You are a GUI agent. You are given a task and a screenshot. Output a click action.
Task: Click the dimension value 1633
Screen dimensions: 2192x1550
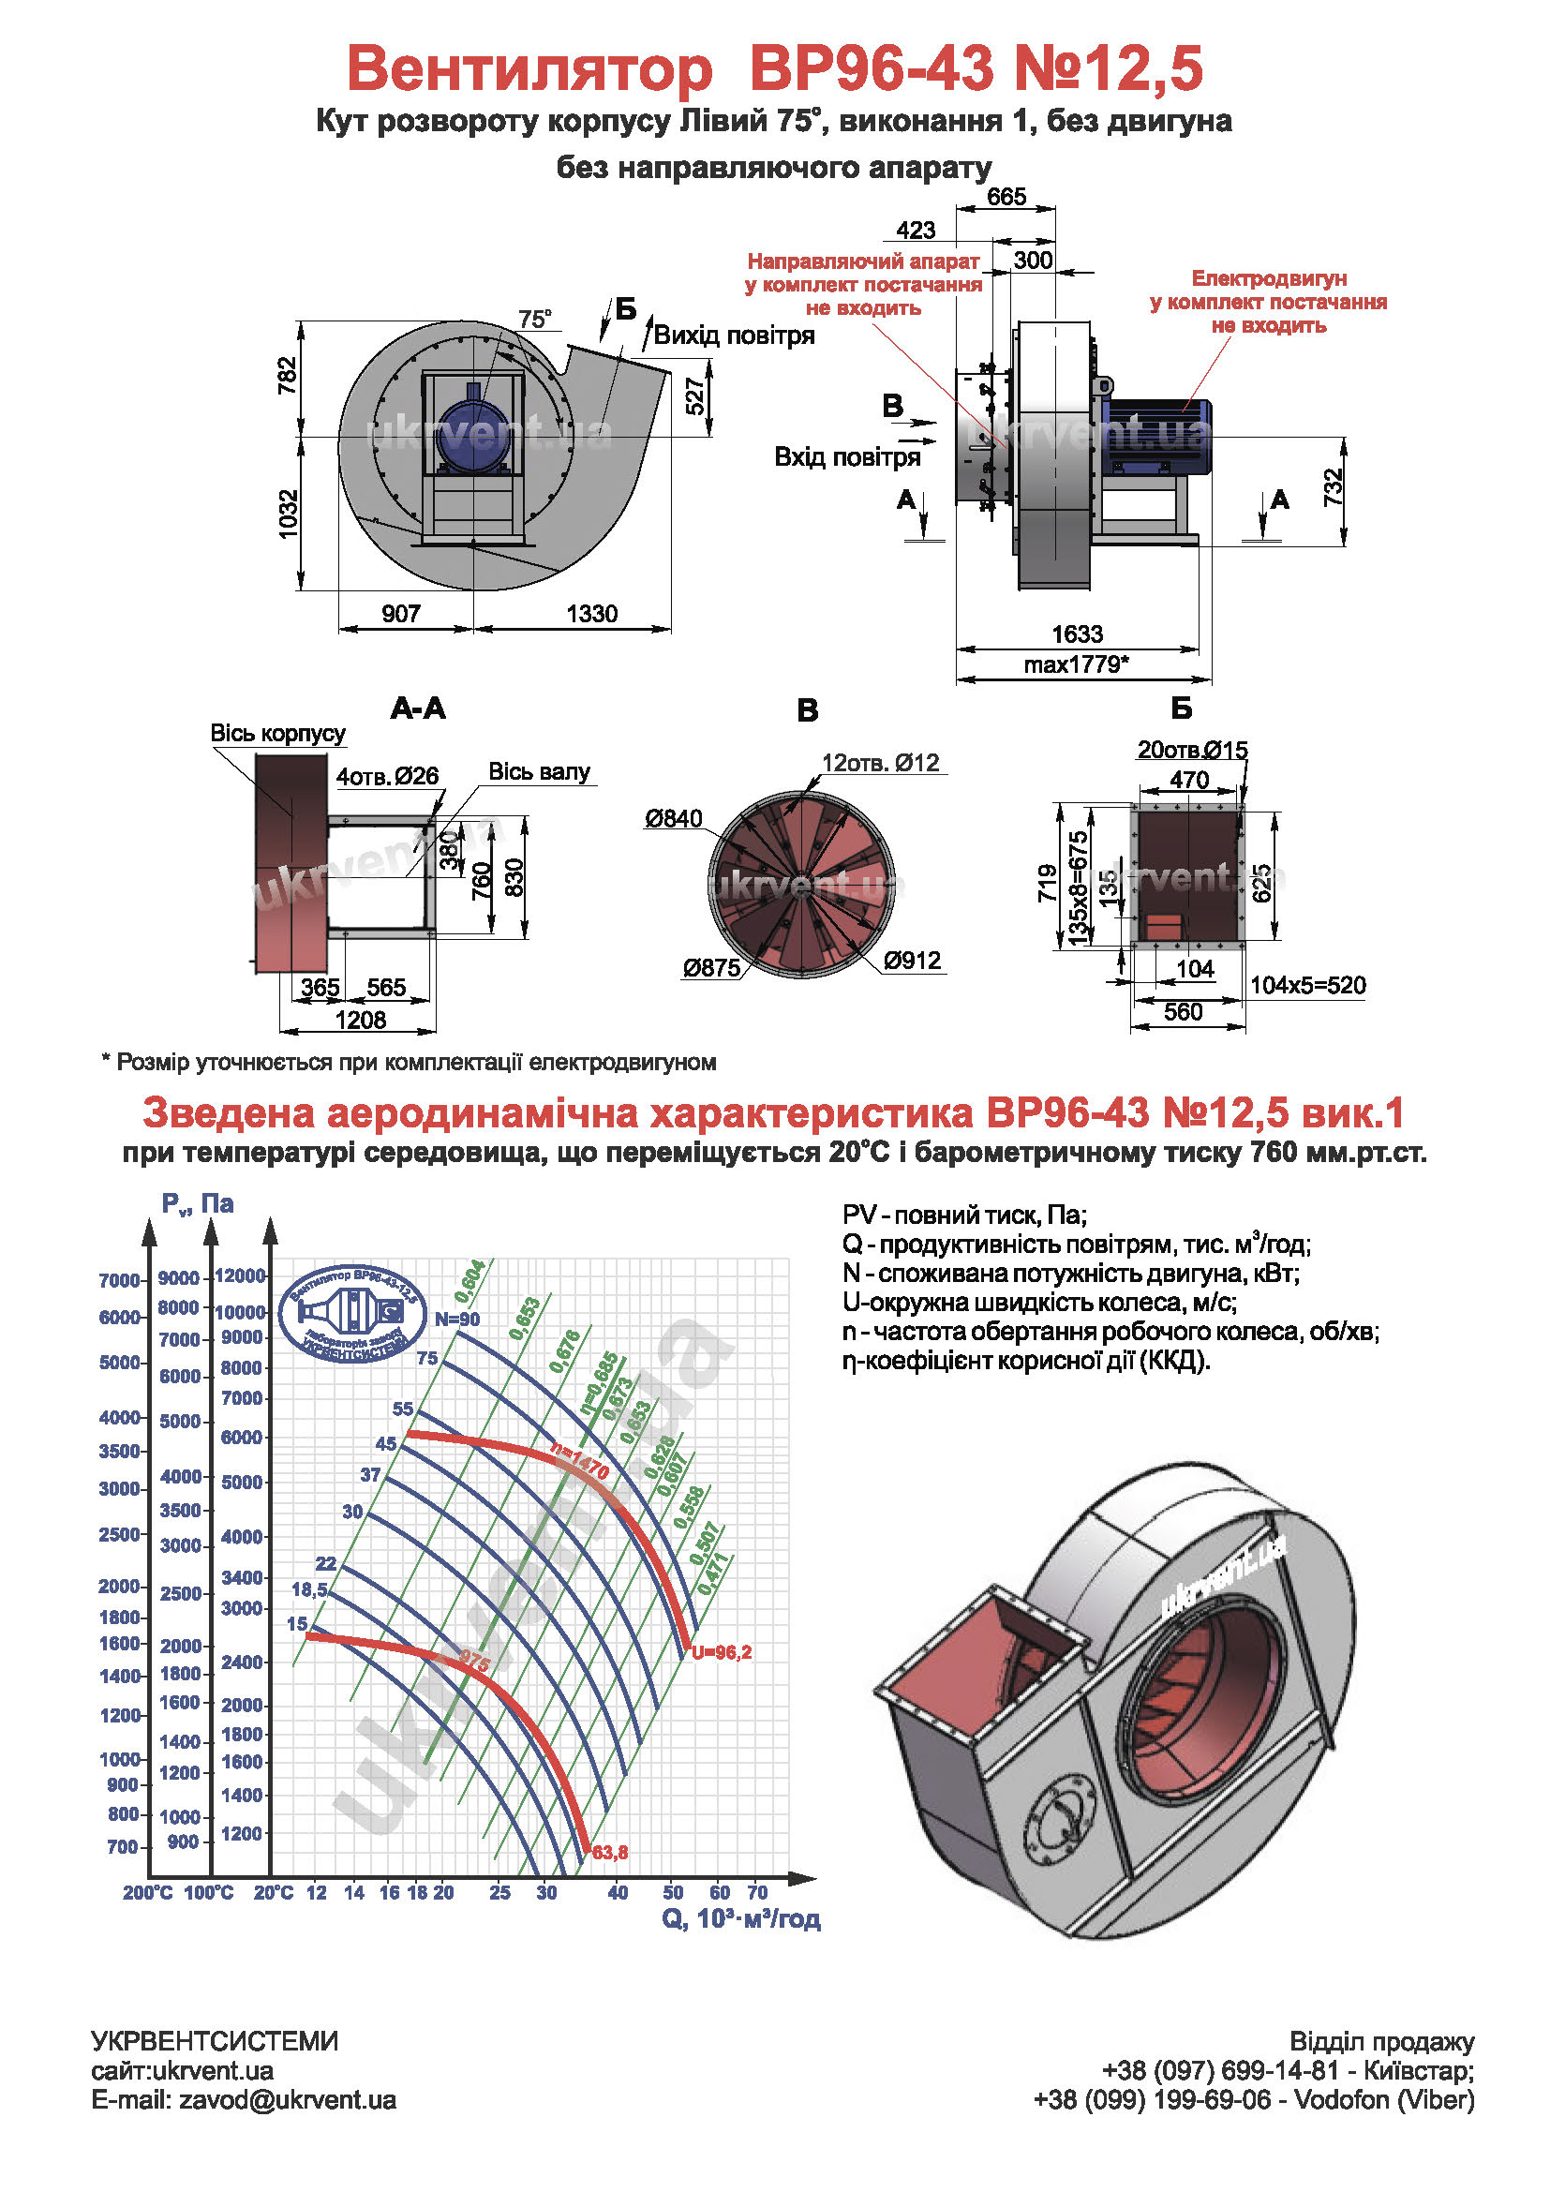pos(1077,634)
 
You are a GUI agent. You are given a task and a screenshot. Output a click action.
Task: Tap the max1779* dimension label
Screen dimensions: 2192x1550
pos(1076,664)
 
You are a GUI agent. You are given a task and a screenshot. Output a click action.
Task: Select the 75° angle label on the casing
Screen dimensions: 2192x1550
pos(534,319)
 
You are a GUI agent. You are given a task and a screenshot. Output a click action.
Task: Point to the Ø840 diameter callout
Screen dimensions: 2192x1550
pos(673,818)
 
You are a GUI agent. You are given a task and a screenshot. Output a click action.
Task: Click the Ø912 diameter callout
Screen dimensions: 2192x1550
pos(913,960)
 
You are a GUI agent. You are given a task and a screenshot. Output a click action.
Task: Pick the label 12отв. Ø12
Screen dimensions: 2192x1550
pos(880,763)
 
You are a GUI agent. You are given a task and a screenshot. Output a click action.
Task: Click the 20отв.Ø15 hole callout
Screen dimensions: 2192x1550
pos(1192,751)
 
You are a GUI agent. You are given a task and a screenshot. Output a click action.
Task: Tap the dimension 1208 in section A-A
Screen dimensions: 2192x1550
pos(360,1020)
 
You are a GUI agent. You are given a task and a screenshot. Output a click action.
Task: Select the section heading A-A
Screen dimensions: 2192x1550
pos(418,708)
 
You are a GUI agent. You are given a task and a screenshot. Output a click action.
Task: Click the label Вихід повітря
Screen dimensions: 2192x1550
pos(734,336)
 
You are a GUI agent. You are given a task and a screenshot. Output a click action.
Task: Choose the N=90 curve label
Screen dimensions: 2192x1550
pos(457,1320)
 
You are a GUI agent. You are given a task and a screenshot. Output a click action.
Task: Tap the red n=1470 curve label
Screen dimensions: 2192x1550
pos(580,1462)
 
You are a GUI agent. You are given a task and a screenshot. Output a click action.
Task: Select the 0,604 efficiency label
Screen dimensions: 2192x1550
pos(469,1280)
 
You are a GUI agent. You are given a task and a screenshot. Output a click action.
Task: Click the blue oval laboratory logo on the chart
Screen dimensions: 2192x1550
pos(352,1315)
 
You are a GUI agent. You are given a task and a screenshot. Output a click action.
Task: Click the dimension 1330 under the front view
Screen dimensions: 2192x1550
pos(591,614)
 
